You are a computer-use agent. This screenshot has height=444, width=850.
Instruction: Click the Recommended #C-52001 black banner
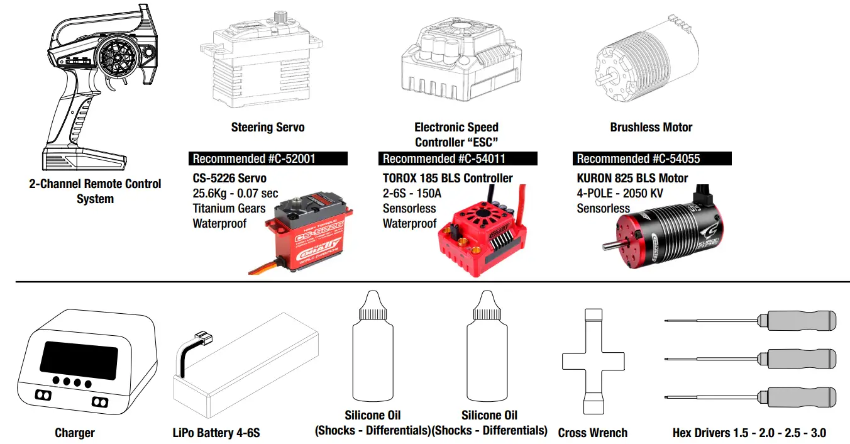point(268,158)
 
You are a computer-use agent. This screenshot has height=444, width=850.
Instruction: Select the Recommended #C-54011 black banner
point(458,158)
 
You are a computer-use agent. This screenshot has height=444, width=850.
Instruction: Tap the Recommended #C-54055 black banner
point(652,158)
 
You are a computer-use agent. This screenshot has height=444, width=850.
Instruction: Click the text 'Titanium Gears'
point(229,208)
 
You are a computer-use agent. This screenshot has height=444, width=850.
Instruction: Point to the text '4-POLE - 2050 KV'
point(619,193)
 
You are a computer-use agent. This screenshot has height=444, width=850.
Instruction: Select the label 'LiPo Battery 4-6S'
point(216,433)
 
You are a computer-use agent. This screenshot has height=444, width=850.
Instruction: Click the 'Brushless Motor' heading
point(651,127)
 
